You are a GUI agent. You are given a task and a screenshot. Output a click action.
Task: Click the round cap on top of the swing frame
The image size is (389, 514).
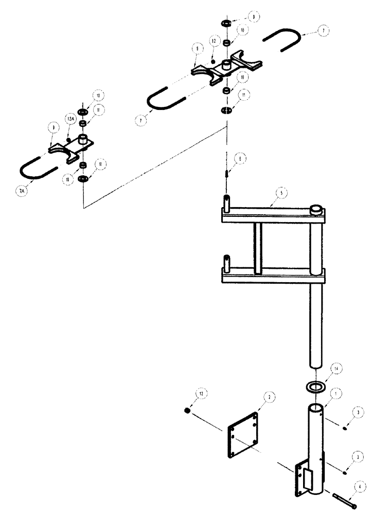316,209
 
